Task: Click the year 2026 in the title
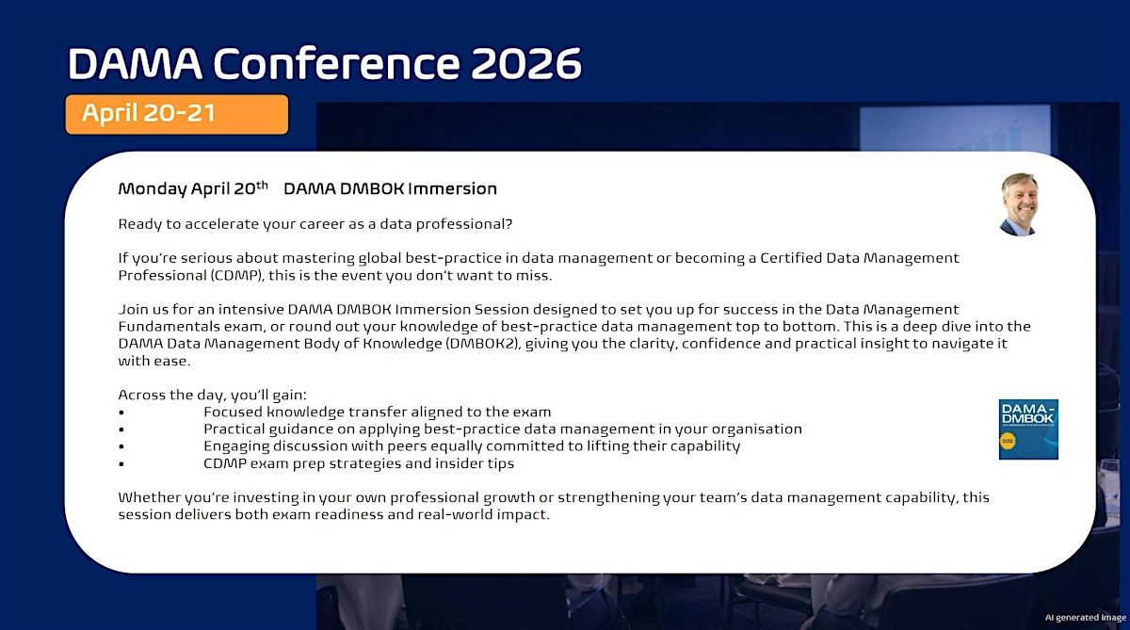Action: coord(526,63)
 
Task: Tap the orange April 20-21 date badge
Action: coord(177,115)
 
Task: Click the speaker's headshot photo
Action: coord(1019,204)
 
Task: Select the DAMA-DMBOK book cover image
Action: coord(1028,429)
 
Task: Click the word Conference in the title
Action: coord(337,63)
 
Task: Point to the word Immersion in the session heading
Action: coord(453,188)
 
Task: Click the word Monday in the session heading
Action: coord(153,189)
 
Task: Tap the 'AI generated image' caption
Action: coord(1086,618)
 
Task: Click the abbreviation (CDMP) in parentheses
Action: coord(236,275)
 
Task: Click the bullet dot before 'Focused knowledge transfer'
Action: coord(121,412)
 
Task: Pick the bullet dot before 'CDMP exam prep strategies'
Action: coord(121,464)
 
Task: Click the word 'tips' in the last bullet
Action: coord(501,463)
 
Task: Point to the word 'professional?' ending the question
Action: coord(464,224)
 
